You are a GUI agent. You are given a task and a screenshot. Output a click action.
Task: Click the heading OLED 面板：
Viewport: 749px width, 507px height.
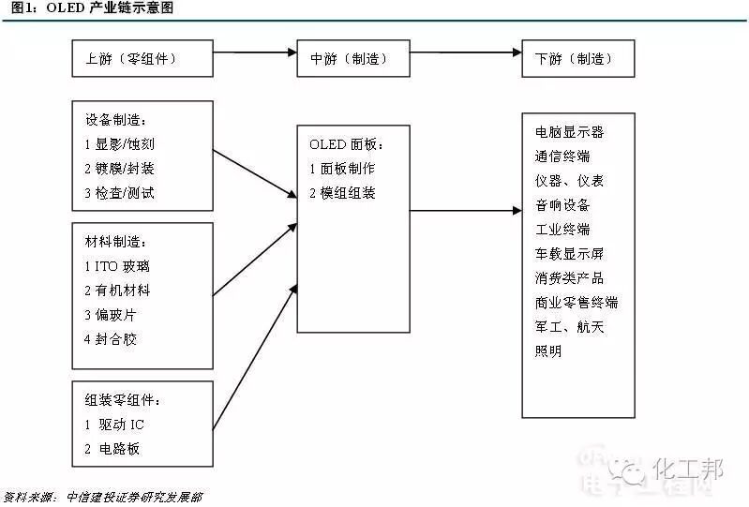[346, 143]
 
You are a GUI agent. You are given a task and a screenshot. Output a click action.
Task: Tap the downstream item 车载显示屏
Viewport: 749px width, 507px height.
[569, 253]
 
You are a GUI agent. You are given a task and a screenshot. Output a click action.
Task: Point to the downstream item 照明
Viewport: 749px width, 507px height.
[548, 350]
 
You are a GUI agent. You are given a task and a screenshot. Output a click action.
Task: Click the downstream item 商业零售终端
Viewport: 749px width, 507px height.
[577, 302]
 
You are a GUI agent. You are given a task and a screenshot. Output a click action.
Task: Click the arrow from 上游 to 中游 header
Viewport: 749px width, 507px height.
[255, 52]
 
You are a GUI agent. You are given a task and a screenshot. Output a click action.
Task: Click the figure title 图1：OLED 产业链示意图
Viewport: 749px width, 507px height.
[92, 7]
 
